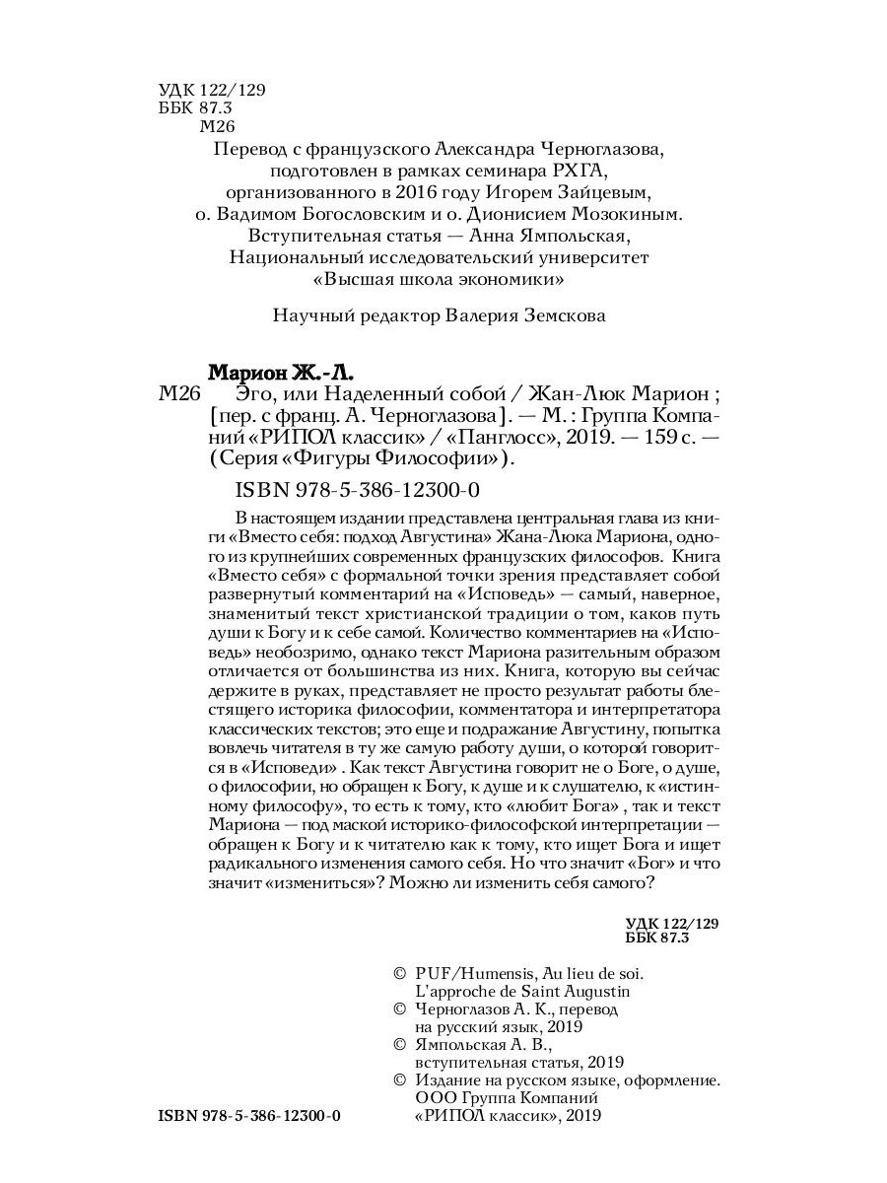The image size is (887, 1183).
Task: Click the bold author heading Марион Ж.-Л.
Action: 280,374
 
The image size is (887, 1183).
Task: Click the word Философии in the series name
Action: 449,458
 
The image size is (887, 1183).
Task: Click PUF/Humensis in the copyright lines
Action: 468,970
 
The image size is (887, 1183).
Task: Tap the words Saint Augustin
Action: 577,991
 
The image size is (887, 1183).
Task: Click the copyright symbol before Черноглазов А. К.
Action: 399,1011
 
